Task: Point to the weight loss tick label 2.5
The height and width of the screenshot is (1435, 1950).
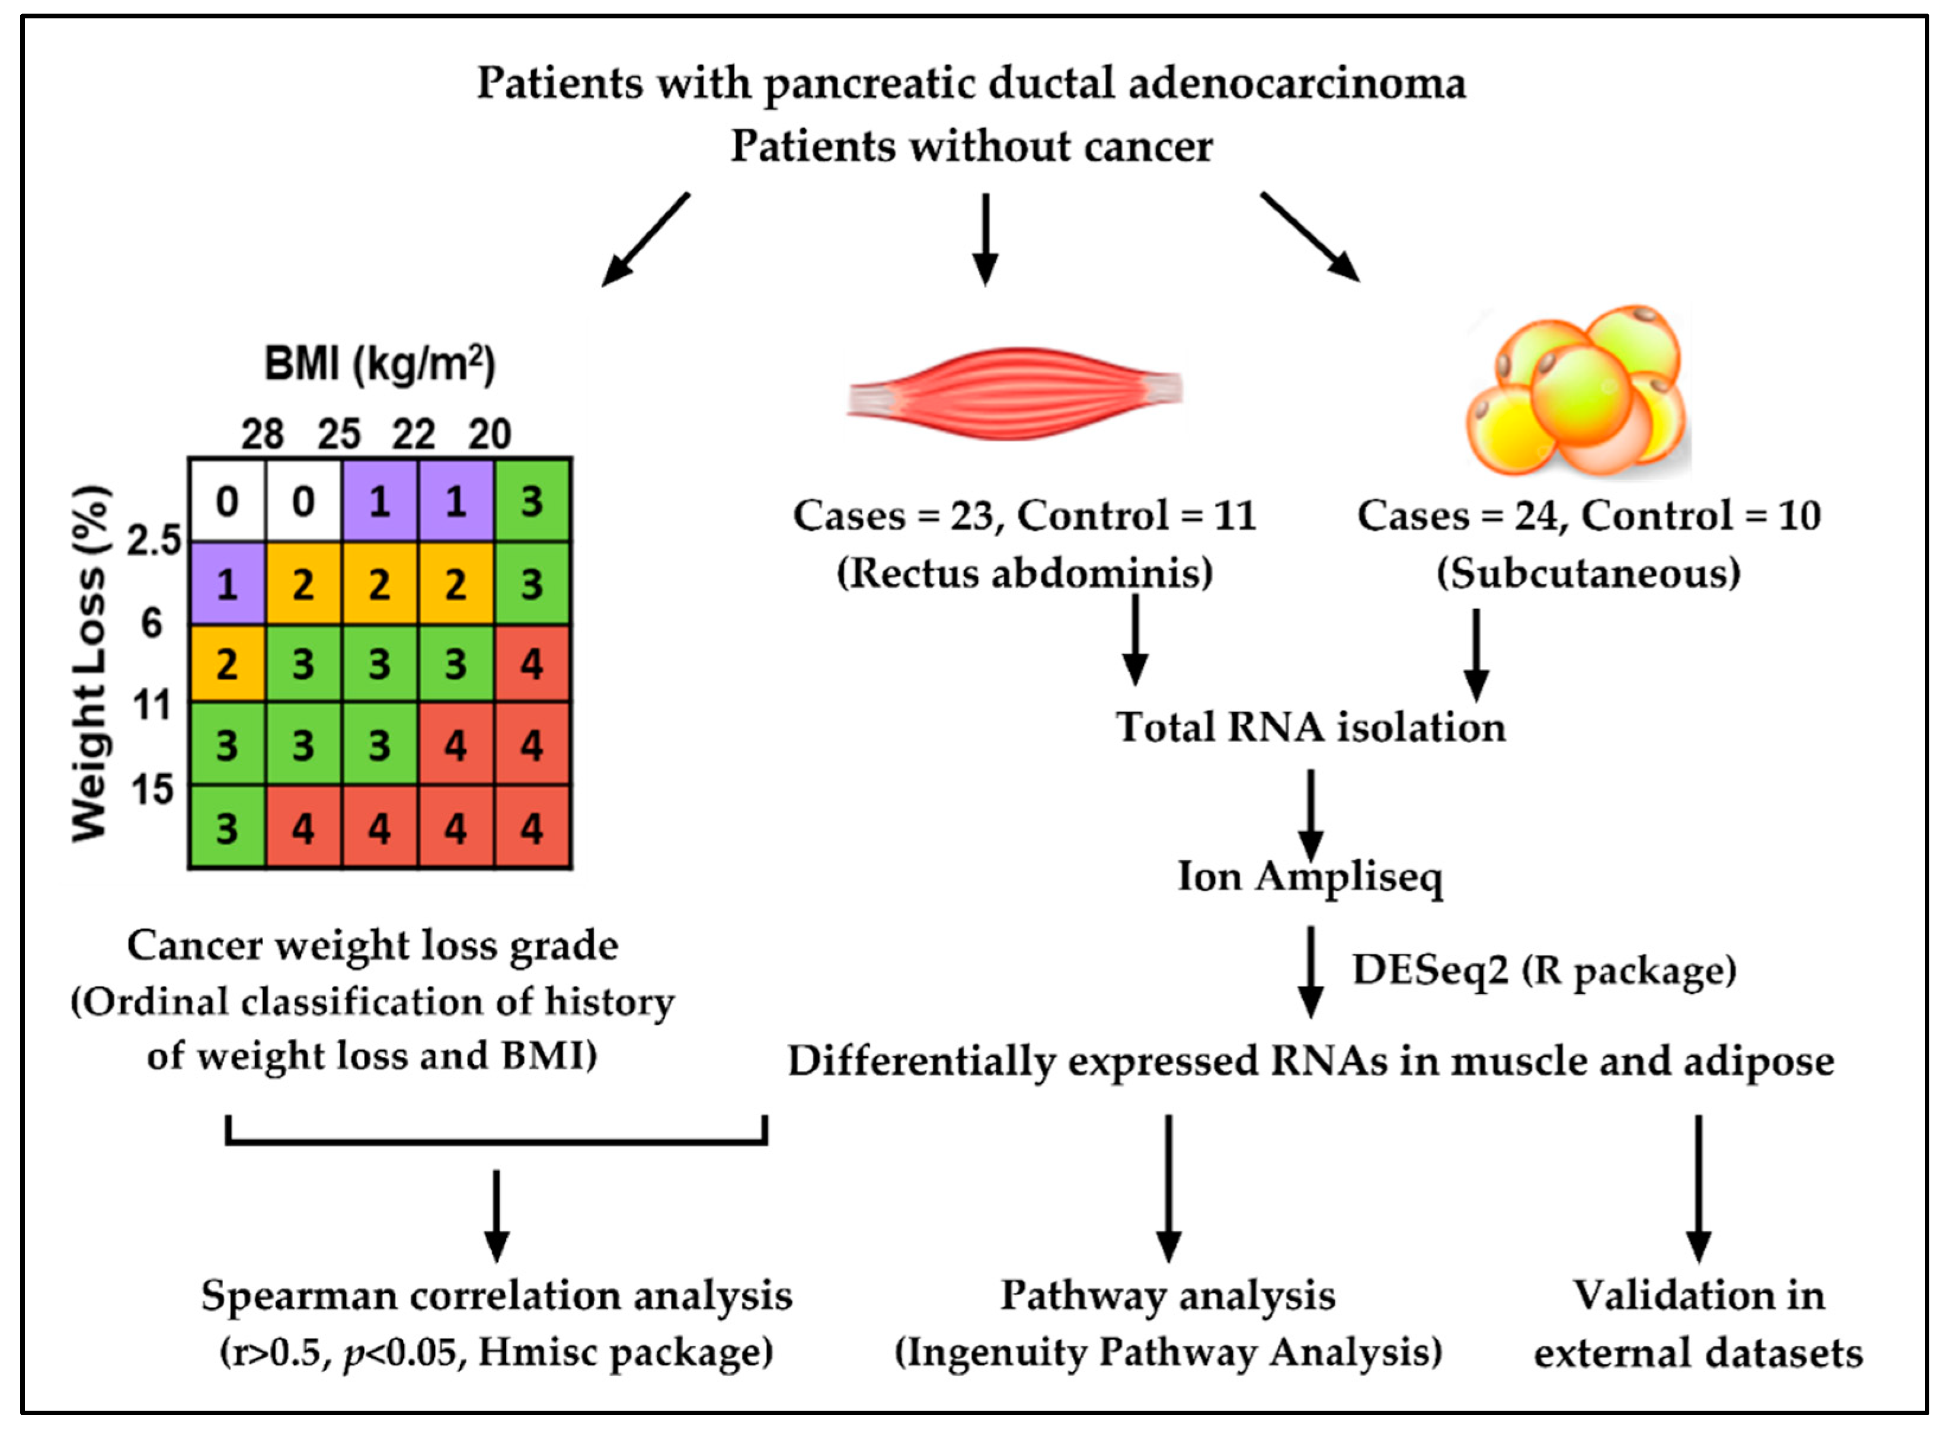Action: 154,540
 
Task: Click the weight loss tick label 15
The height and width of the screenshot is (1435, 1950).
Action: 153,789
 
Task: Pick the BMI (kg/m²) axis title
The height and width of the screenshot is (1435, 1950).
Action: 380,363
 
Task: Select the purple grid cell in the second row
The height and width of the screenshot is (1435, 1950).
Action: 227,584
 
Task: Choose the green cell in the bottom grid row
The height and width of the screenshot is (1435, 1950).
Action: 227,828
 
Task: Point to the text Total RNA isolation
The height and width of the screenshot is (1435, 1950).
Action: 1309,727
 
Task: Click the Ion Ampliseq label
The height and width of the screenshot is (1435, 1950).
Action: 1309,876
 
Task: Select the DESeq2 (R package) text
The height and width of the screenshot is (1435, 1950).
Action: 1544,970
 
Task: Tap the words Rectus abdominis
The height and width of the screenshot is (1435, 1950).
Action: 1025,574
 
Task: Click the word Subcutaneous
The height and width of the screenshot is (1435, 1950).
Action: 1588,574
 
